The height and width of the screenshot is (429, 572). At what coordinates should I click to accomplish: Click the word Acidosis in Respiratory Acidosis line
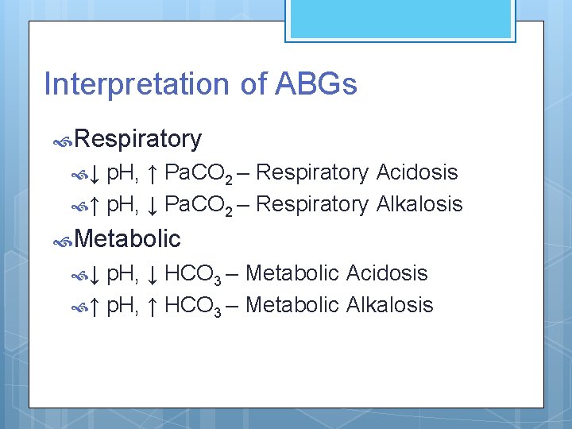417,172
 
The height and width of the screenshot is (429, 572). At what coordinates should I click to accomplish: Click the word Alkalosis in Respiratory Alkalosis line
419,204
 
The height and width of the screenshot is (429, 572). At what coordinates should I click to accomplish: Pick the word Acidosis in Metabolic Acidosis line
387,274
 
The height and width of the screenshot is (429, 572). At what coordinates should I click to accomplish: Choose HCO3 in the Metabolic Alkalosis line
193,306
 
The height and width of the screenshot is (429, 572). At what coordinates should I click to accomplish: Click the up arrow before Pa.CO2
153,173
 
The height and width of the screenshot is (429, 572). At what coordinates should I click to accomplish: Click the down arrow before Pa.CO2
153,205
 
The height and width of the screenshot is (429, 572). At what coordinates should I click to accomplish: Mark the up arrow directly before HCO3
153,306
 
